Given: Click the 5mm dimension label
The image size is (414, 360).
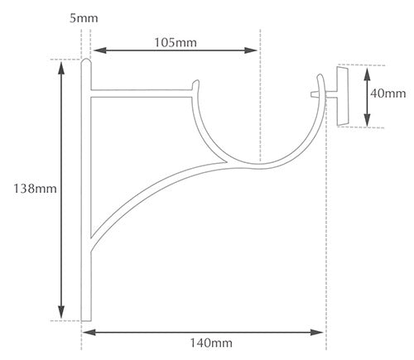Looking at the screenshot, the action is point(84,18).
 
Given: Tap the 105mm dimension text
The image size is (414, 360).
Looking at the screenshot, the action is point(176,43).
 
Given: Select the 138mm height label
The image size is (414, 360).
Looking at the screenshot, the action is point(35,189).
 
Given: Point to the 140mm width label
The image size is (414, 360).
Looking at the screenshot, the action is point(211,343).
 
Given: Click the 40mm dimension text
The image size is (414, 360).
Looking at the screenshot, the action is point(388,94).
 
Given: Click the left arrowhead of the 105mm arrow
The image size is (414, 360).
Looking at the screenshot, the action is point(99,50).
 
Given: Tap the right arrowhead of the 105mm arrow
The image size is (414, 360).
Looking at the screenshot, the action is point(251,50).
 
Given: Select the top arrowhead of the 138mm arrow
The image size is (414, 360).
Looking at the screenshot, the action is point(61,68).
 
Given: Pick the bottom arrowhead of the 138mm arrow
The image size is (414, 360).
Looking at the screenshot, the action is point(61,312).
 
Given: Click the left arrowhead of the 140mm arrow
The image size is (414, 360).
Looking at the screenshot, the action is point(89,332).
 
